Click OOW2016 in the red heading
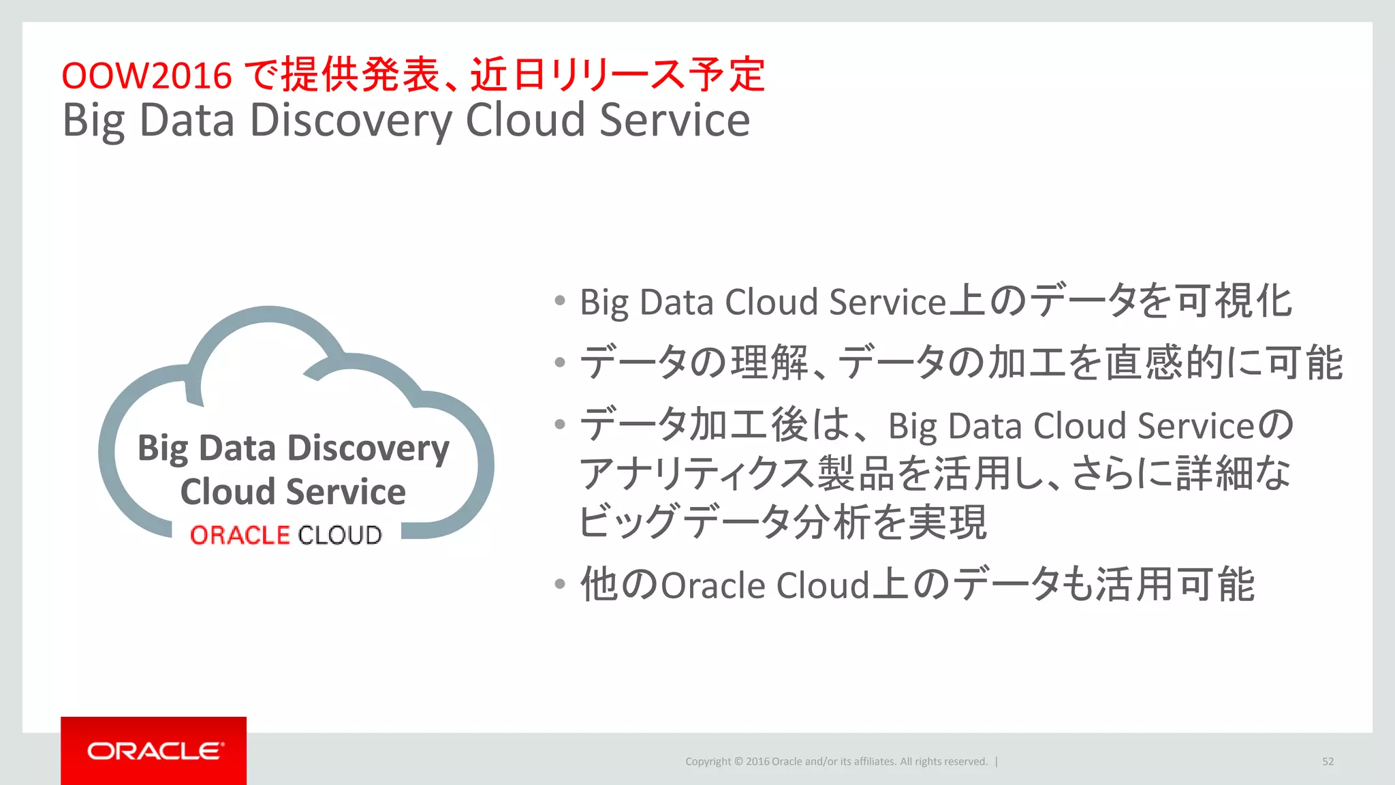[146, 75]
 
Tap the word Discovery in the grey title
[350, 121]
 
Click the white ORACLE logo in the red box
[155, 751]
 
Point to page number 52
[1328, 762]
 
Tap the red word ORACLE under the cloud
[240, 536]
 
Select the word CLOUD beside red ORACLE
[340, 536]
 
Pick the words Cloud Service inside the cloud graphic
[293, 492]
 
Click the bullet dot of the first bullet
[560, 301]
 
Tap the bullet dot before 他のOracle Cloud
[560, 584]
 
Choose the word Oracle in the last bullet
[713, 585]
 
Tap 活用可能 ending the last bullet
[1174, 585]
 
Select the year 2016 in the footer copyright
[757, 762]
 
